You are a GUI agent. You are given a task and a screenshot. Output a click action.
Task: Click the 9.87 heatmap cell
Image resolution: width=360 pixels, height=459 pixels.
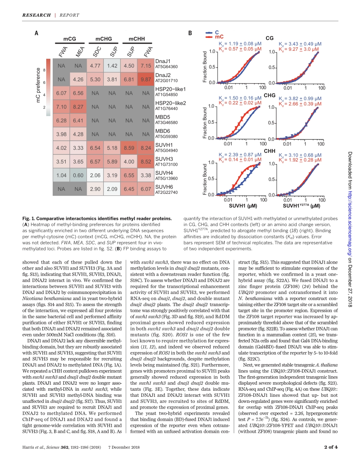click(x=146, y=80)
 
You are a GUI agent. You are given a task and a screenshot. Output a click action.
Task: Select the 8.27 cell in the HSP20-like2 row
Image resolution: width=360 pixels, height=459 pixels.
click(x=78, y=107)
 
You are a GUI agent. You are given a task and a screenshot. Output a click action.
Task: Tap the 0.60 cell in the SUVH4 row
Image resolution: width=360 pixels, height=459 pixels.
click(x=78, y=175)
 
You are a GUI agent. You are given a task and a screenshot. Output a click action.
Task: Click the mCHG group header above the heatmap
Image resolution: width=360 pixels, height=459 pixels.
click(x=103, y=39)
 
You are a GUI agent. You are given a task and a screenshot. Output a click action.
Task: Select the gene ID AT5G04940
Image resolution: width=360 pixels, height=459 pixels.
click(x=166, y=150)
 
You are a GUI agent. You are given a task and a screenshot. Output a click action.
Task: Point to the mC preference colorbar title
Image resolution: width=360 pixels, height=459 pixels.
click(x=38, y=85)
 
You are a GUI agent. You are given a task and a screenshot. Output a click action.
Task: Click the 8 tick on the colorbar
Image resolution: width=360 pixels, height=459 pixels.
click(x=44, y=70)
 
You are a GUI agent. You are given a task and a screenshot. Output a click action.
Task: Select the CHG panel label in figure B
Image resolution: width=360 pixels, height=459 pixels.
click(x=269, y=95)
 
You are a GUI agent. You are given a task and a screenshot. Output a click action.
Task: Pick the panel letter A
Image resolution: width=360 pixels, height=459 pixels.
click(x=36, y=33)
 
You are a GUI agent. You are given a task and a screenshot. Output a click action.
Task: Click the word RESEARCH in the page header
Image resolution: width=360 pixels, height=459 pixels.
click(x=36, y=15)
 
